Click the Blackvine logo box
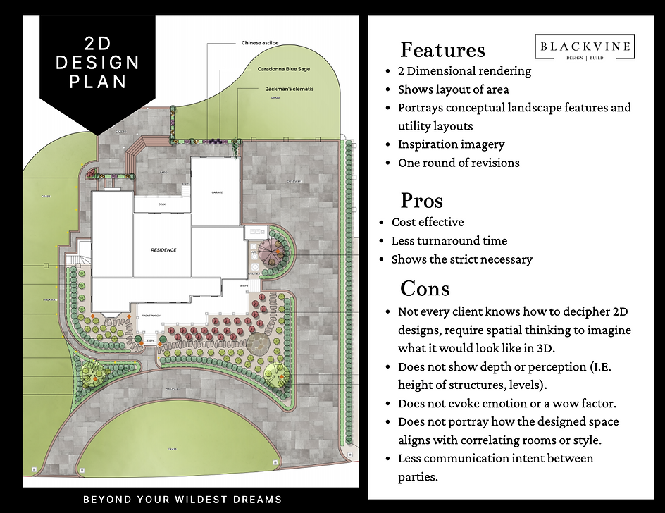(x=585, y=47)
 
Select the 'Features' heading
(x=442, y=50)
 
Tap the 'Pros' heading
(x=421, y=201)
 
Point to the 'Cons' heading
(x=424, y=288)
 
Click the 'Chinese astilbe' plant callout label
(x=260, y=43)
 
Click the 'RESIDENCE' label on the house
(x=163, y=250)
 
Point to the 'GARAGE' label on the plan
(x=217, y=192)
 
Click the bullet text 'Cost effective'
(x=428, y=222)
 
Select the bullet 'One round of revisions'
(x=459, y=163)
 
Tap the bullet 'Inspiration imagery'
(x=451, y=144)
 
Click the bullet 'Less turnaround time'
(x=449, y=241)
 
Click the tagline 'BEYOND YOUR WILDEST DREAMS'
(x=182, y=500)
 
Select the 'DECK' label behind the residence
(x=161, y=204)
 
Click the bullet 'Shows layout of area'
(x=453, y=89)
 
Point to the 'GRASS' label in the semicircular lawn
(x=172, y=449)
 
